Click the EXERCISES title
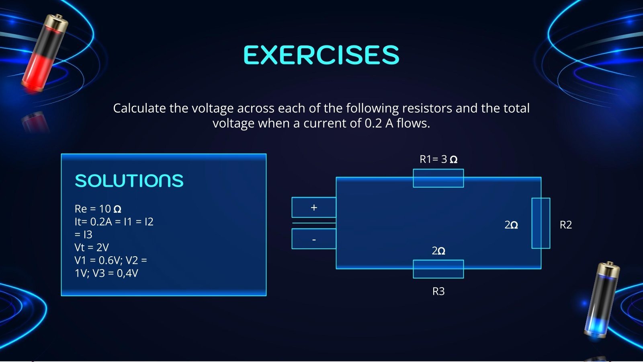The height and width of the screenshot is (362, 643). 321,55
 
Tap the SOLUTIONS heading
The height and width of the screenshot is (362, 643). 129,181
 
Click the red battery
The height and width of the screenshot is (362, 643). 45,53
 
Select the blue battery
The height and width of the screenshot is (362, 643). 602,300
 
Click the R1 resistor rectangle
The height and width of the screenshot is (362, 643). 438,178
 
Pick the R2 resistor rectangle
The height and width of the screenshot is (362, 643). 541,223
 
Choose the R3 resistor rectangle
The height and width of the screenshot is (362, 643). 438,269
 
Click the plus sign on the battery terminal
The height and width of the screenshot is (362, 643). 314,208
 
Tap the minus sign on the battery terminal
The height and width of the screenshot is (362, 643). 314,240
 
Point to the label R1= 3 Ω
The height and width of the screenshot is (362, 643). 438,159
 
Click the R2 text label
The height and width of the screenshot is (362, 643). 566,225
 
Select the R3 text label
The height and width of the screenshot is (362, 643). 438,291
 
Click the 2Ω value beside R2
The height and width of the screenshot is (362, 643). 511,225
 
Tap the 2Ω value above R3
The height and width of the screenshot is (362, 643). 438,251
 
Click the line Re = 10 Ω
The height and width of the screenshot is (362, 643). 98,209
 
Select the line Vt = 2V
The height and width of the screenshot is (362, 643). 92,247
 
